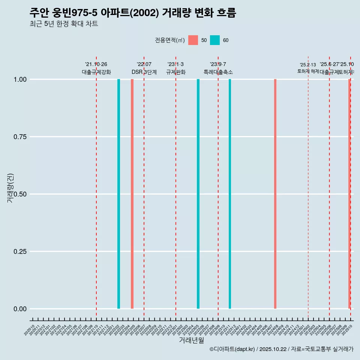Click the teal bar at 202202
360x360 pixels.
(119, 194)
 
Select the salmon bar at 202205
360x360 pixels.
(132, 194)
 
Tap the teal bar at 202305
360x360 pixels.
(198, 194)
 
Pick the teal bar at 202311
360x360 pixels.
(230, 194)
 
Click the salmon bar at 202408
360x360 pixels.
(275, 194)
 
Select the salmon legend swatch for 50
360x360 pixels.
(193, 40)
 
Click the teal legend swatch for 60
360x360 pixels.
(215, 40)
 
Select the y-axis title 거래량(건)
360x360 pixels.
(10, 188)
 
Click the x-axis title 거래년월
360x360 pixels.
(191, 340)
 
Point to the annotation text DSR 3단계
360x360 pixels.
(144, 72)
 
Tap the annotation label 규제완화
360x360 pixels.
(176, 72)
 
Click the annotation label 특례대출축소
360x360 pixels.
(218, 72)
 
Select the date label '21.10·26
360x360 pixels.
(96, 64)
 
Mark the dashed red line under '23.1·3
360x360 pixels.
(176, 187)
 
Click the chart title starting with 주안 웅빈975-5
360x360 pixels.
(133, 13)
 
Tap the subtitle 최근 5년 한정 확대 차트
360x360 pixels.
(64, 24)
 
